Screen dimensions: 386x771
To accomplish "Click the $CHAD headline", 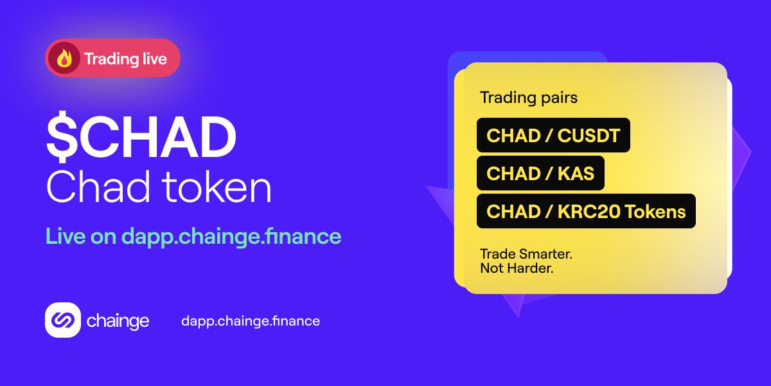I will (x=141, y=139).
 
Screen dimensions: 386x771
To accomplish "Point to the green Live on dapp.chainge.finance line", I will (x=193, y=236).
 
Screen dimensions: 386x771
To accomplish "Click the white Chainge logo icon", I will (x=62, y=320).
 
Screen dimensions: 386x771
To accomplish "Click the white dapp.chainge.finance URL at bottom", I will (x=251, y=320).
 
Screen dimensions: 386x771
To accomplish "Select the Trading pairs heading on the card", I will (x=529, y=98).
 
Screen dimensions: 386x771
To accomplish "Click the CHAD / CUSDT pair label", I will (x=553, y=136).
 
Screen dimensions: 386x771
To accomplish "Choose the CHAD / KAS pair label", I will (x=540, y=173).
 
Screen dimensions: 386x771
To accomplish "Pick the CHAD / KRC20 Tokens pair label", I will (x=586, y=211).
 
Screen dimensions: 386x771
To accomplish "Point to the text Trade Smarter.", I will (x=526, y=254).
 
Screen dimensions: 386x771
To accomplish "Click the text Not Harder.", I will (x=517, y=268).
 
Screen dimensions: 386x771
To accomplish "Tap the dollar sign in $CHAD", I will (x=58, y=139).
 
